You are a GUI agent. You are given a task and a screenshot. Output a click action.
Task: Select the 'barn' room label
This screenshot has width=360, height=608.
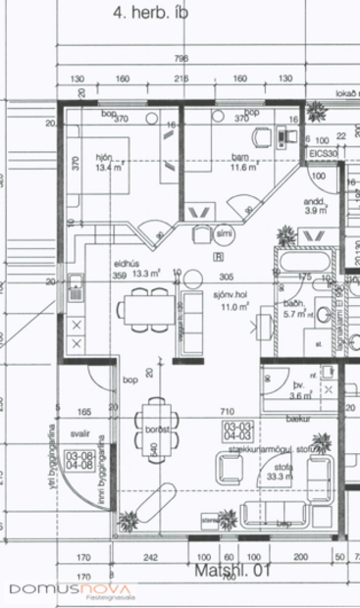click(x=238, y=156)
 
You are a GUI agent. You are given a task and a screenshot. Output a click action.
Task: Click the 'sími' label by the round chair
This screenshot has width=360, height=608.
click(x=225, y=235)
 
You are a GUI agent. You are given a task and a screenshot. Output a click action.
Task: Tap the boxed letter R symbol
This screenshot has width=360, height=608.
click(x=217, y=256)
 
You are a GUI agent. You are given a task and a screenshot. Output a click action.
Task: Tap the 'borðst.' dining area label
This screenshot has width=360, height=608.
click(x=160, y=430)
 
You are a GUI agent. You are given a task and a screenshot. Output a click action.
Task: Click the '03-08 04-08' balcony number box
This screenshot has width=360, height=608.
click(x=78, y=459)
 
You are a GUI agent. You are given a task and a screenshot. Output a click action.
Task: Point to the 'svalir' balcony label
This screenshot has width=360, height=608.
click(x=79, y=431)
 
